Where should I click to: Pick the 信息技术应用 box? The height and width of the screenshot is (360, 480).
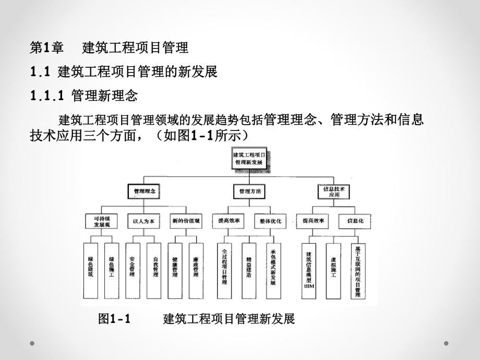[334, 191]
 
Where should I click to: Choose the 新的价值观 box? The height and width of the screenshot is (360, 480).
[186, 221]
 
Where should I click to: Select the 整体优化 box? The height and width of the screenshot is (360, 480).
[270, 221]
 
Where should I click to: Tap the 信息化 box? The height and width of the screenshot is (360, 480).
[355, 221]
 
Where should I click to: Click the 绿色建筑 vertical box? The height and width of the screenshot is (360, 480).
[91, 270]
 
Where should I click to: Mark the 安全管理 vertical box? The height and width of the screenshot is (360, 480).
[133, 270]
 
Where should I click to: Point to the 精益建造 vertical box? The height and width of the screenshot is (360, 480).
[248, 270]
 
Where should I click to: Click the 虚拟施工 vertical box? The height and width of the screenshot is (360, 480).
[333, 270]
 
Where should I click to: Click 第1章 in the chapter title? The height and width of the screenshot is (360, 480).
[46, 49]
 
